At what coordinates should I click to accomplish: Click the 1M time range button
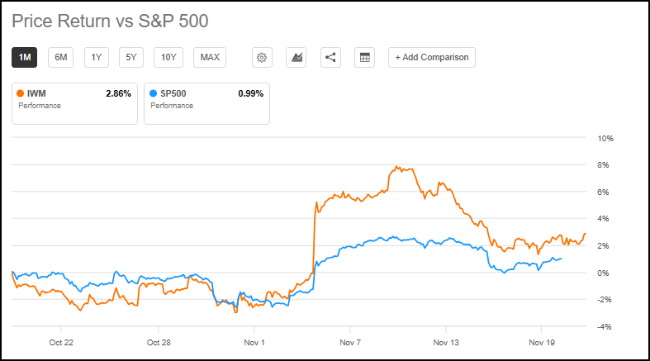pyautogui.click(x=25, y=57)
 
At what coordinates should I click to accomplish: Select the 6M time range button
pyautogui.click(x=60, y=57)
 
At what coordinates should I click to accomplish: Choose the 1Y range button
pyautogui.click(x=97, y=57)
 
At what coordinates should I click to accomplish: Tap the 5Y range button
pyautogui.click(x=131, y=57)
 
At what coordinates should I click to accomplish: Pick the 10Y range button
pyautogui.click(x=168, y=57)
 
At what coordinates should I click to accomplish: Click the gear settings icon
pyautogui.click(x=262, y=57)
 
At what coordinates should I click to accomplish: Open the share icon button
pyautogui.click(x=330, y=57)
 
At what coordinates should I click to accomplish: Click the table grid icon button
pyautogui.click(x=364, y=57)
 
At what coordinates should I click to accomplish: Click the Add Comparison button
pyautogui.click(x=431, y=57)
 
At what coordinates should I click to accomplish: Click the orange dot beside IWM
pyautogui.click(x=21, y=94)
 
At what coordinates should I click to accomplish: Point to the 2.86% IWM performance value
pyautogui.click(x=118, y=94)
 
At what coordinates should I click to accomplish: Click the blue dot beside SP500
pyautogui.click(x=153, y=94)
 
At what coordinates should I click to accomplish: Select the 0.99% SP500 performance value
pyautogui.click(x=250, y=94)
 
